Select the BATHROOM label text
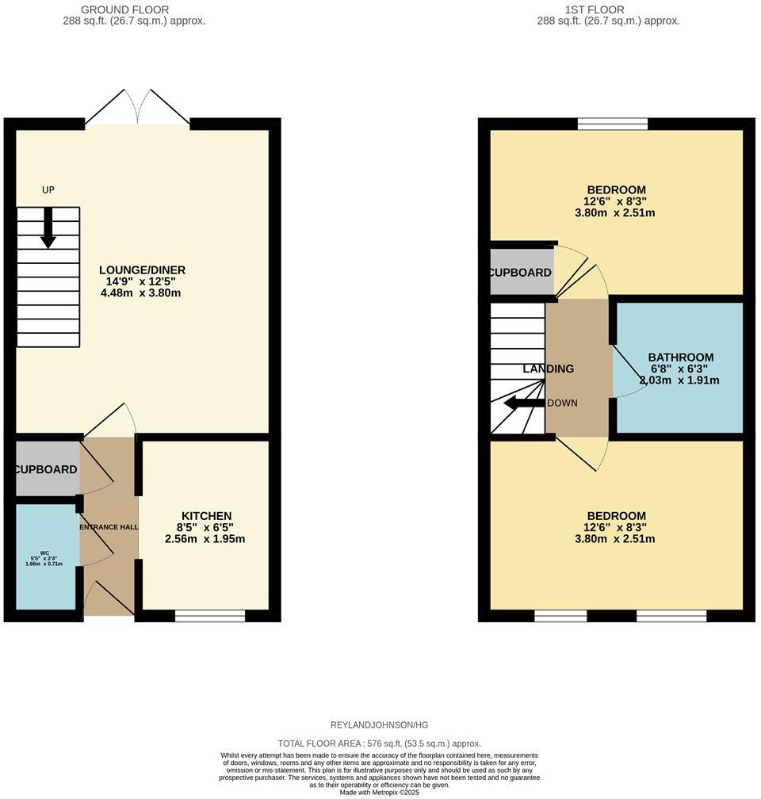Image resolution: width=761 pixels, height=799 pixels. pos(680,357)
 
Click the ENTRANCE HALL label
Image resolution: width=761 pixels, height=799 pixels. pos(109,527)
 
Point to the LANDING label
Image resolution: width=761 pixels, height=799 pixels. pos(548,369)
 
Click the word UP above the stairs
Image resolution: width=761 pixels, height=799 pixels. pos(48,189)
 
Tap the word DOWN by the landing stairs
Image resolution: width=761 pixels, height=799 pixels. pos(562,403)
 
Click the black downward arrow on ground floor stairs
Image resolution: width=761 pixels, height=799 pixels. pos(48,228)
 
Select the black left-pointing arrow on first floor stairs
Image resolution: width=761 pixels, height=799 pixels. pos(523,403)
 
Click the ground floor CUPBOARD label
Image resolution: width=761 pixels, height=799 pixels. pos(46,469)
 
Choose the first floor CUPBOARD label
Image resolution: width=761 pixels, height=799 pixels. pos(520,273)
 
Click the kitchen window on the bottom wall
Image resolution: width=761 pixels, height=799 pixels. pos(210,615)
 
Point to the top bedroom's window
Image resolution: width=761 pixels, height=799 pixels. pos(613,123)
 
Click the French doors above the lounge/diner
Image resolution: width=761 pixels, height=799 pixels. pos(138,107)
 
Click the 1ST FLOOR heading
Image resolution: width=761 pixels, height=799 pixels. pos(594,10)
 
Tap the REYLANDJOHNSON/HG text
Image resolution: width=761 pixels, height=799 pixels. pos(379,724)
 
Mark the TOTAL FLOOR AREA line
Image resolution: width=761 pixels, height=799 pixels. pos(379,744)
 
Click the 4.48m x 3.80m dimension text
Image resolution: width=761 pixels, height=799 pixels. pos(141,293)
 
